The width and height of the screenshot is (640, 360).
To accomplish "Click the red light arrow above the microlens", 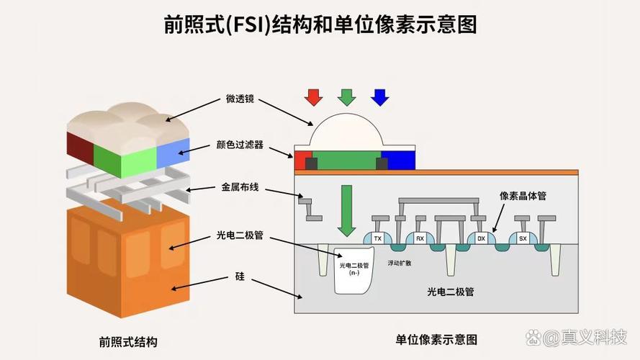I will (x=312, y=97).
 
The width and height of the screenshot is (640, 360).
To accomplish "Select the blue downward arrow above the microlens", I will (x=380, y=97).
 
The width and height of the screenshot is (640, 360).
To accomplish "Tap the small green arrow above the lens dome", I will (x=347, y=97).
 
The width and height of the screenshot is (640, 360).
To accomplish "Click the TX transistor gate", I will (x=377, y=238).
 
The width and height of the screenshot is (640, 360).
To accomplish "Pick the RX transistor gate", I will (x=420, y=238).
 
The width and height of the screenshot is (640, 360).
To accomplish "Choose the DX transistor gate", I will (x=481, y=238).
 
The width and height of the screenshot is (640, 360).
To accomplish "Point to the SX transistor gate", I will (x=523, y=238).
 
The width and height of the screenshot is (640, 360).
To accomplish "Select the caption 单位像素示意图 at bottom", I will (x=436, y=339).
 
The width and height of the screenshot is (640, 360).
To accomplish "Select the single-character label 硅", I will (x=240, y=276).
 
